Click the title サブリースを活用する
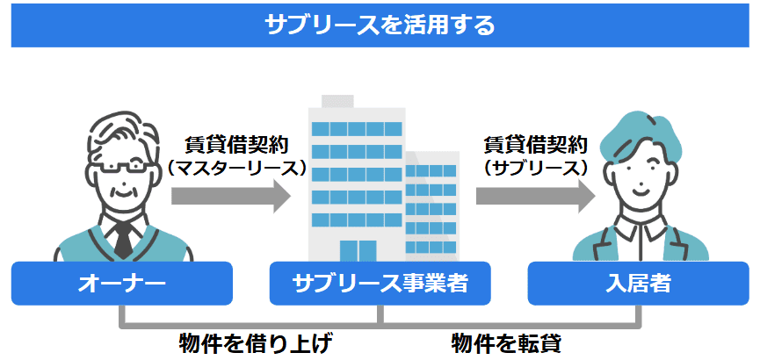tap(380, 25)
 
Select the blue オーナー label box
tap(121, 284)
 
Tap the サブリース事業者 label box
tap(380, 284)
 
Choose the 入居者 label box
tap(639, 284)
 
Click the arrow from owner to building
tap(231, 196)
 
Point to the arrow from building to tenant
tap(536, 196)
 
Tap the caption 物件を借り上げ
tap(256, 344)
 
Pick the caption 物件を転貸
tap(506, 344)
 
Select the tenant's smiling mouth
tap(640, 188)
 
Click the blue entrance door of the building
tap(358, 250)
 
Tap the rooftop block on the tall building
tap(337, 101)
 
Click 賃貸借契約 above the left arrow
tap(237, 144)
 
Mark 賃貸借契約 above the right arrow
tap(536, 144)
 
